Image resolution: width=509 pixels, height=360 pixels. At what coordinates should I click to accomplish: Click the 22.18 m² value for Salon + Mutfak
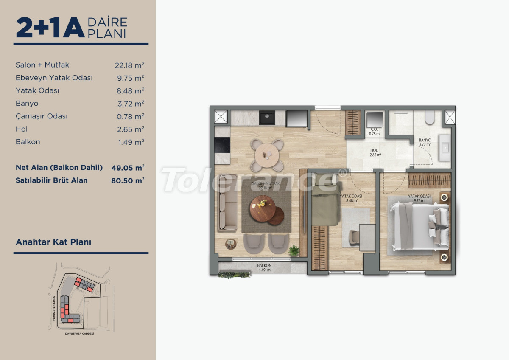[129, 65]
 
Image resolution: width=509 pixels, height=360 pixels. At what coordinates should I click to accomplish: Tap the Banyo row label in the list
[27, 104]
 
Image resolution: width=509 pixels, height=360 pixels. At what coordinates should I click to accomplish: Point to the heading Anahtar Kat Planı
[53, 242]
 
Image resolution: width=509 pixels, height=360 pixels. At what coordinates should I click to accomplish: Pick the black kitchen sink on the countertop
[267, 118]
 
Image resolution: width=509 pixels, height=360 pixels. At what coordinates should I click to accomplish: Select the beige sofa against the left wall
[228, 208]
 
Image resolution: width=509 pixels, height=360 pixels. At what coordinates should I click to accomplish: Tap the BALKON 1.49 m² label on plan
[264, 268]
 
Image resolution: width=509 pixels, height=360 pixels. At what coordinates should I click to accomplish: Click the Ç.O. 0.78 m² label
[374, 132]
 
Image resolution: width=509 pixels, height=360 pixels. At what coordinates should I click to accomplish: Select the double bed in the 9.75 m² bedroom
[418, 225]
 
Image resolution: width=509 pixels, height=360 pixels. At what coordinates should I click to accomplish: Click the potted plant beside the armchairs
[294, 250]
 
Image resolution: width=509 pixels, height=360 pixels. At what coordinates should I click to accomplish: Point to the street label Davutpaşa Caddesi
[77, 334]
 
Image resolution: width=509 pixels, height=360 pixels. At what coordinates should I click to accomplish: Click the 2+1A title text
[50, 28]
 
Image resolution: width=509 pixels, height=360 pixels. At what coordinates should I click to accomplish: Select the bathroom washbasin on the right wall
[445, 147]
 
